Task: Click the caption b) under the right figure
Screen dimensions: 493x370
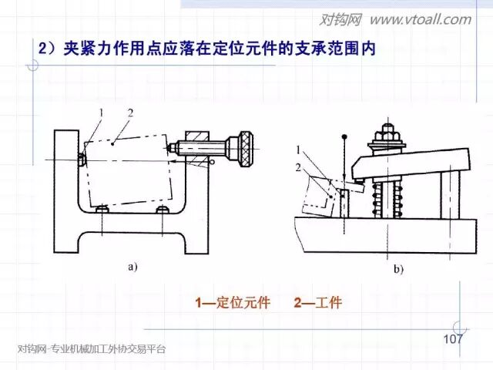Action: pyautogui.click(x=399, y=270)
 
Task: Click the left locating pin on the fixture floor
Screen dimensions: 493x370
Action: pyautogui.click(x=101, y=210)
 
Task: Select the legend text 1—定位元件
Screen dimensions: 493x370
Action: pyautogui.click(x=233, y=303)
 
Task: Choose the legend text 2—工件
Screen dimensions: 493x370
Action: pyautogui.click(x=317, y=303)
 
